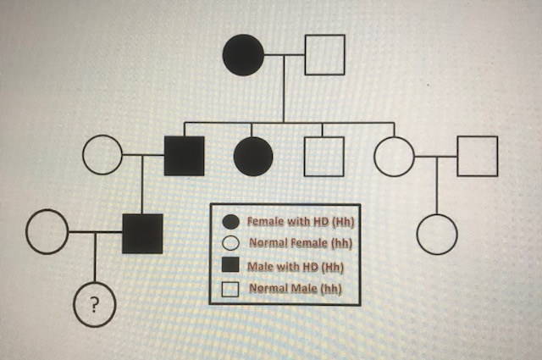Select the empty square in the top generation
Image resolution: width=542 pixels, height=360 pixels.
click(324, 55)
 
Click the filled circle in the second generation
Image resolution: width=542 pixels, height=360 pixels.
click(253, 156)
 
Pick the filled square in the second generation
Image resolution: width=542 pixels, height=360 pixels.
click(184, 156)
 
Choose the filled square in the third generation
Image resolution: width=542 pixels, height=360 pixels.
click(142, 234)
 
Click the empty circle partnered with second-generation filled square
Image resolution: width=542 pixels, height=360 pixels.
click(103, 156)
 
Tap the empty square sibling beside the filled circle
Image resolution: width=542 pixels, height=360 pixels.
click(324, 156)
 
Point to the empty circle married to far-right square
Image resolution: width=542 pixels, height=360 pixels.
click(395, 156)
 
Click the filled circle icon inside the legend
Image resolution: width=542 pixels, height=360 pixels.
click(230, 223)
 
